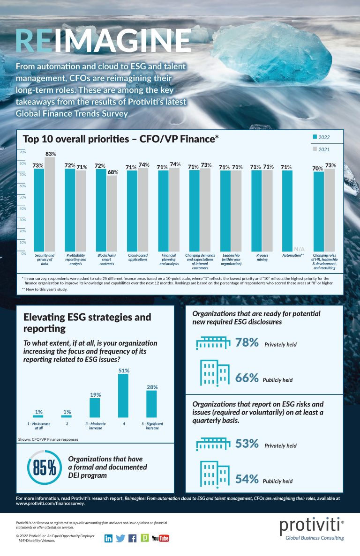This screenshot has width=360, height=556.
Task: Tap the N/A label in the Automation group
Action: point(298,248)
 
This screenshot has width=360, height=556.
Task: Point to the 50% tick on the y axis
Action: point(22,197)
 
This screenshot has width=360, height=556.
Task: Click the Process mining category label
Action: point(262,258)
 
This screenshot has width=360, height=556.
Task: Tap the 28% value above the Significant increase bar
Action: point(152,387)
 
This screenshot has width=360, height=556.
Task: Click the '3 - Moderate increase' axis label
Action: point(95,426)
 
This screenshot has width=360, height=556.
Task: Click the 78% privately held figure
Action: point(247,343)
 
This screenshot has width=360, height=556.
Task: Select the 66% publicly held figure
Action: point(247,378)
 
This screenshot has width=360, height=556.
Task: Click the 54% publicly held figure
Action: point(247,479)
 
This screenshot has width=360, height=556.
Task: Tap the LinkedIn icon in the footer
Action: point(108,538)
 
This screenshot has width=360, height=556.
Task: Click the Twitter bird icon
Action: point(120,538)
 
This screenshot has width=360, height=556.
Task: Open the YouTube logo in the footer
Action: point(160,538)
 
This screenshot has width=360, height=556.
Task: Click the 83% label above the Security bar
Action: point(51,154)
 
